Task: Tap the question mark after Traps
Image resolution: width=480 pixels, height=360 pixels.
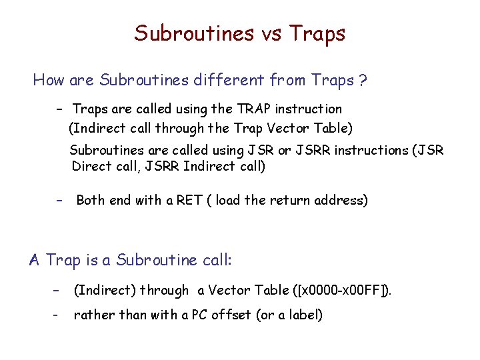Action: point(362,81)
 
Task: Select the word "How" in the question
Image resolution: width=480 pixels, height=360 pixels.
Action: point(48,81)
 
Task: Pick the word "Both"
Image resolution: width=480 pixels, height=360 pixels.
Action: point(92,200)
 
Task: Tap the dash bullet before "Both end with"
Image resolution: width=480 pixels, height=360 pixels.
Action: point(59,200)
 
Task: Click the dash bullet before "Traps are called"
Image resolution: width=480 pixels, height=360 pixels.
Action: point(59,109)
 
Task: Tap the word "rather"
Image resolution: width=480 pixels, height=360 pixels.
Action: point(93,315)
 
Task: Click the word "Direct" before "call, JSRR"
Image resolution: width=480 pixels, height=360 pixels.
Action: point(93,166)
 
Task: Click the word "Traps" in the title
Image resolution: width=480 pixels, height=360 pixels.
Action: point(318,33)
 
